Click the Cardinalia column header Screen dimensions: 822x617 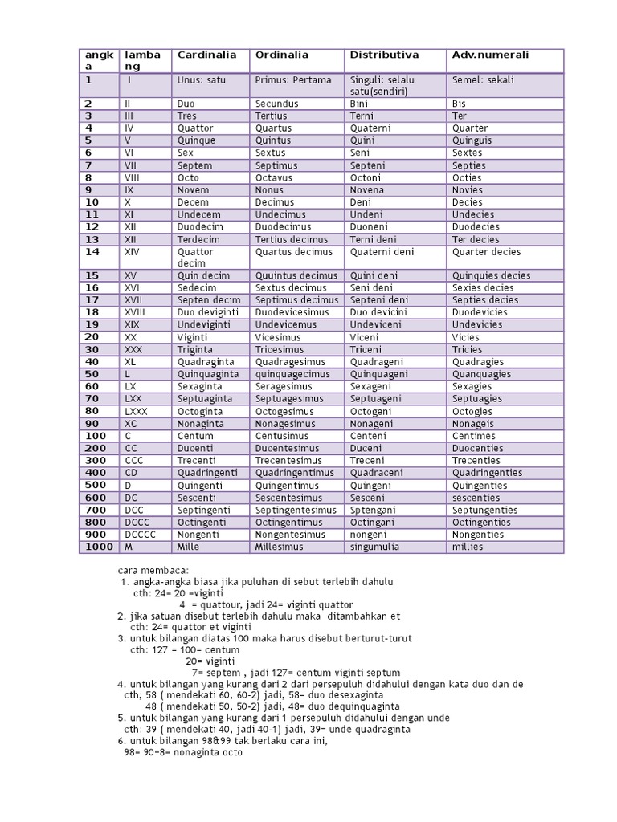(x=206, y=55)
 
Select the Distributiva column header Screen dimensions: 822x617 (x=385, y=55)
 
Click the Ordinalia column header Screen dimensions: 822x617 (x=282, y=55)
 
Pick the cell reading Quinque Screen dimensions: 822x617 (x=195, y=140)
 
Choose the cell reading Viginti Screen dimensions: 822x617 (x=192, y=337)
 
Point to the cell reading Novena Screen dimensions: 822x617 (x=367, y=190)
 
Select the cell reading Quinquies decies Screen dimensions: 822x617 (x=491, y=275)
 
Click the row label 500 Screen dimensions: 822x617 (x=95, y=485)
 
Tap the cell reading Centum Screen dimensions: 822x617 (x=195, y=436)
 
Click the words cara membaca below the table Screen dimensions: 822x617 (x=152, y=569)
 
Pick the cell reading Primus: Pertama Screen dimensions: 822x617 (x=288, y=80)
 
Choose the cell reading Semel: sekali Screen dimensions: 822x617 (x=483, y=80)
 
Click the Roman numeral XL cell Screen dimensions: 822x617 (x=131, y=361)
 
